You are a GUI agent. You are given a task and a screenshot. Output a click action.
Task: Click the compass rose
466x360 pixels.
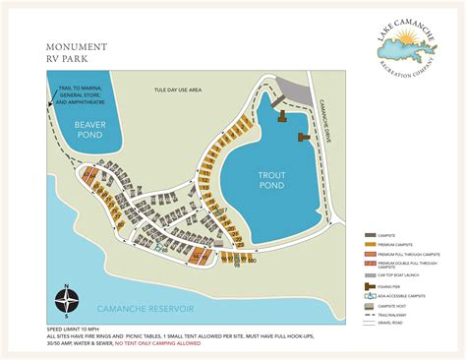point(64,296)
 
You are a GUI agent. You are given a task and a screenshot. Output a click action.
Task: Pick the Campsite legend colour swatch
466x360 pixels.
point(370,235)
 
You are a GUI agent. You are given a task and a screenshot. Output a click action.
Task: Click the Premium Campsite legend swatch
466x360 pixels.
point(370,244)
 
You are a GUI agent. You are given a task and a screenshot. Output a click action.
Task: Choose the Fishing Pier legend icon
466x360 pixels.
point(370,286)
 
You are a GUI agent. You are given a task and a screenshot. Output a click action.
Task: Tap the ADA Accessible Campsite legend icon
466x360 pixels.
point(370,296)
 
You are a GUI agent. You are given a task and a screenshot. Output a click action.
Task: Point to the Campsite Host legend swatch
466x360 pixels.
point(370,306)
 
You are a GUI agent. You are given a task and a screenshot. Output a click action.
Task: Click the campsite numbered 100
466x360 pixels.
point(253,260)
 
